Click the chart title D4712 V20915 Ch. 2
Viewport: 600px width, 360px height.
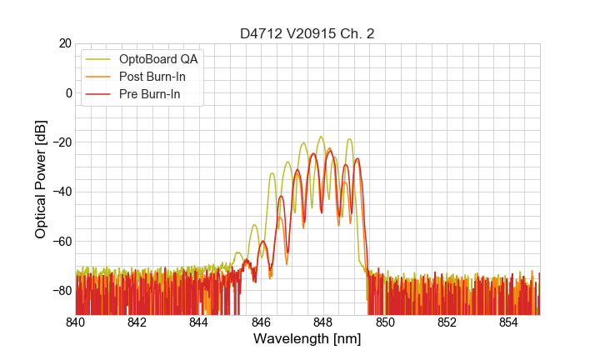tap(307, 33)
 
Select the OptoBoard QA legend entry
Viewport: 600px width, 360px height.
tap(158, 59)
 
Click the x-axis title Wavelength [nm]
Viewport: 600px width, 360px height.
tap(307, 339)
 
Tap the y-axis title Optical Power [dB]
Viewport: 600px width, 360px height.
tap(40, 178)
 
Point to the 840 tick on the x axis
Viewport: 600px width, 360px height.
tap(76, 322)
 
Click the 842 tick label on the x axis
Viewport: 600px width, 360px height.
tap(137, 322)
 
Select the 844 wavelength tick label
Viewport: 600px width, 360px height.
tap(199, 322)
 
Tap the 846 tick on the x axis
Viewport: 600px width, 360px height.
tap(261, 322)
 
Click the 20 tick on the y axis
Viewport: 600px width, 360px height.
tap(63, 43)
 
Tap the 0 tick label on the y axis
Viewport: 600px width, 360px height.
tap(67, 92)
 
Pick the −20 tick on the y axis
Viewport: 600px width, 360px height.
tap(60, 142)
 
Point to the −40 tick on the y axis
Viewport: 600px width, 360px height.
tap(60, 192)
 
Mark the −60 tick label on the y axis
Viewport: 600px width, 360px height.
tap(60, 241)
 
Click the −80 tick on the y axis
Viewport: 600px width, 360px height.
tap(60, 291)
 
